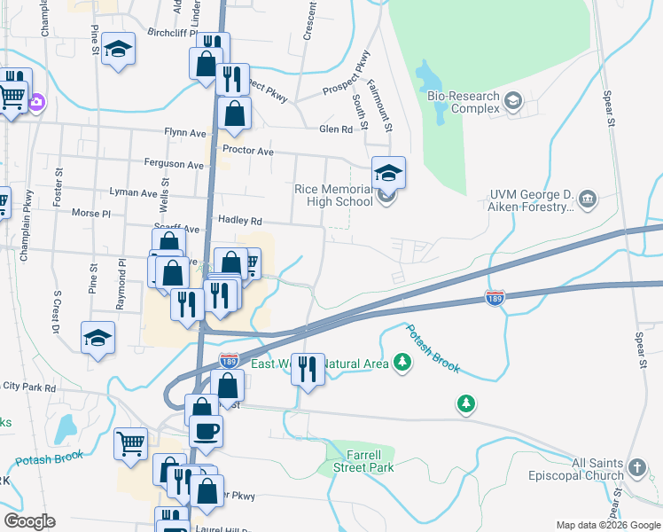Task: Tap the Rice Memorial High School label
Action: tap(334, 195)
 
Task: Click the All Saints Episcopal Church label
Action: tap(597, 470)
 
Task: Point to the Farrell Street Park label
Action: tap(363, 461)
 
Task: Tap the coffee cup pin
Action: tap(207, 432)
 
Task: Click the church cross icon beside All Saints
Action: tap(636, 467)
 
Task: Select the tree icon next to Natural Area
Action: tap(403, 362)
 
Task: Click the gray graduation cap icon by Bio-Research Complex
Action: tap(512, 102)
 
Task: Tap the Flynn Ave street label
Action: tap(184, 132)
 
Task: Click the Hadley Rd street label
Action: tap(240, 221)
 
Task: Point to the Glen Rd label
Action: tap(336, 129)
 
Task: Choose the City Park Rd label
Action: tap(29, 387)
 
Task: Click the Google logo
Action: tap(29, 520)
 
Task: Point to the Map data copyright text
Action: tap(608, 525)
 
